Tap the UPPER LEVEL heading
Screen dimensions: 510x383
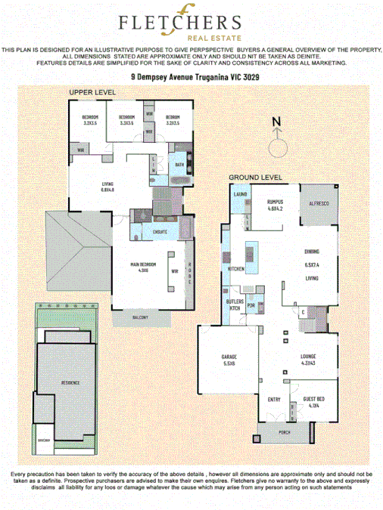[x=92, y=91]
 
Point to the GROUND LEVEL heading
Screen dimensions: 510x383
[x=256, y=178]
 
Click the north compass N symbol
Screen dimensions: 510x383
[x=276, y=122]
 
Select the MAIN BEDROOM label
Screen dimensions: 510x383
[x=144, y=265]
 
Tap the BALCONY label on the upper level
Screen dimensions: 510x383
[x=139, y=317]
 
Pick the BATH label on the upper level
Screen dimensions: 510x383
[x=179, y=164]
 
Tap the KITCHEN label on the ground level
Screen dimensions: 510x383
[x=235, y=268]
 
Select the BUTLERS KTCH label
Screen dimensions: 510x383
[x=235, y=304]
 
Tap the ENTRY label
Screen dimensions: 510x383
[x=274, y=400]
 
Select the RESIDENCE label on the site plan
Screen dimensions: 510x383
[x=70, y=383]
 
